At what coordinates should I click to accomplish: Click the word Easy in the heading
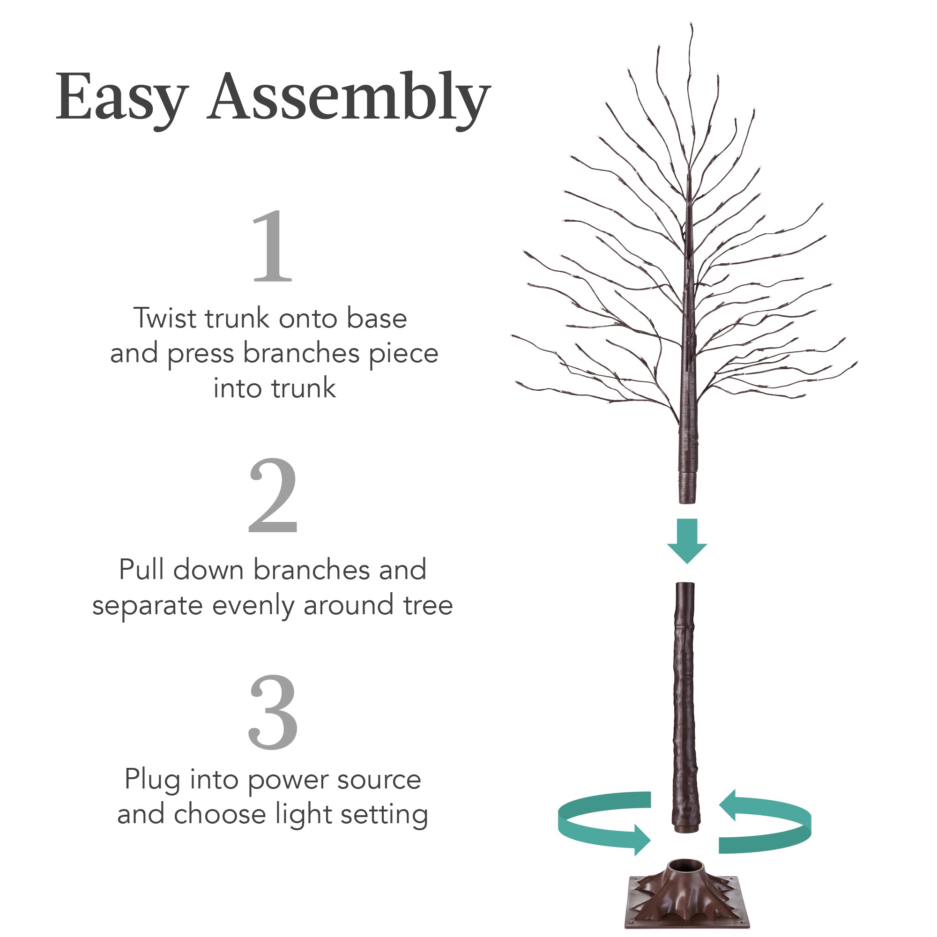point(121,97)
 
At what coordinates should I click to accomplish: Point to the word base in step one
point(377,319)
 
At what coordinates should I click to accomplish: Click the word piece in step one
point(403,354)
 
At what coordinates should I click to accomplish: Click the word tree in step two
point(428,606)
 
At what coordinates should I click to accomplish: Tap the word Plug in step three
point(152,781)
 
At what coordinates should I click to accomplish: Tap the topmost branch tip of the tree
point(691,24)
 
